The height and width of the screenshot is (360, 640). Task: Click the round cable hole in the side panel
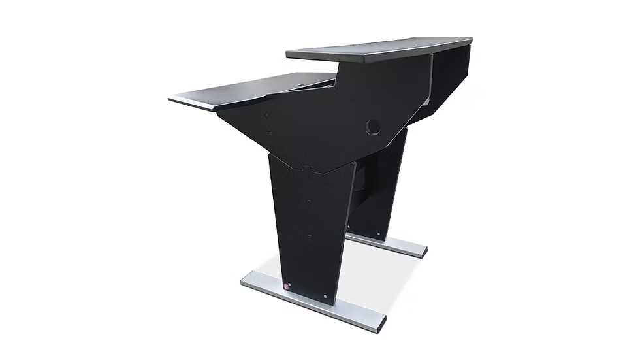tap(373, 127)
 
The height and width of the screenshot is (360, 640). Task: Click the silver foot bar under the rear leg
tap(392, 243)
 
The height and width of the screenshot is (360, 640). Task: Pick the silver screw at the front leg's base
tap(325, 297)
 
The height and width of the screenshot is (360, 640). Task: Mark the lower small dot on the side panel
tap(267, 133)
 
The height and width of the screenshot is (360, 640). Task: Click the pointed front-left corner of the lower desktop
tap(170, 99)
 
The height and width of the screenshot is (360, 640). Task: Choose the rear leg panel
tap(382, 183)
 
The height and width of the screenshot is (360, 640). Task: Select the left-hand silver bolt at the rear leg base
tap(350, 228)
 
